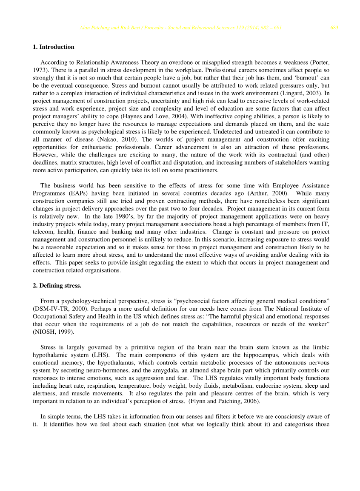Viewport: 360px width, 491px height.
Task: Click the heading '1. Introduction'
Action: click(x=54, y=47)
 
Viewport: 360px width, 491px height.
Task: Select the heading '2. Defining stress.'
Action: click(x=57, y=286)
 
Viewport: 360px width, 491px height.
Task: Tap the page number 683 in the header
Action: click(x=334, y=28)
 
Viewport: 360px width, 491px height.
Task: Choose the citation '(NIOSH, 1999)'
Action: click(x=50, y=332)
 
